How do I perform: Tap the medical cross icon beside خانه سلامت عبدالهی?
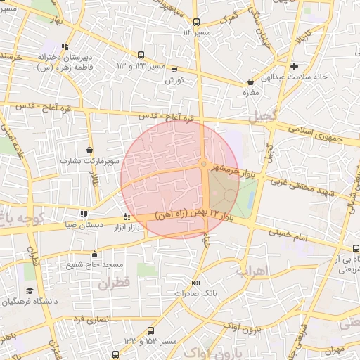304,66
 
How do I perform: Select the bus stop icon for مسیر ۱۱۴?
196,22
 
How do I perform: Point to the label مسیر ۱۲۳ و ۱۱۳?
140,65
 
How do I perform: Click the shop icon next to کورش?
174,70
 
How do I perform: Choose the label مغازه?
251,92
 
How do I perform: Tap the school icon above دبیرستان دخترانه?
65,47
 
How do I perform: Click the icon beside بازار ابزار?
127,217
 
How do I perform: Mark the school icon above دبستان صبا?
84,214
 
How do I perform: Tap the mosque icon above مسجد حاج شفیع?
95,254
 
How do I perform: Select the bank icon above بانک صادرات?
195,283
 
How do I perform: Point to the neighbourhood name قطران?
115,285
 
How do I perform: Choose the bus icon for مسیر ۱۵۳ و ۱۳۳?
151,330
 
